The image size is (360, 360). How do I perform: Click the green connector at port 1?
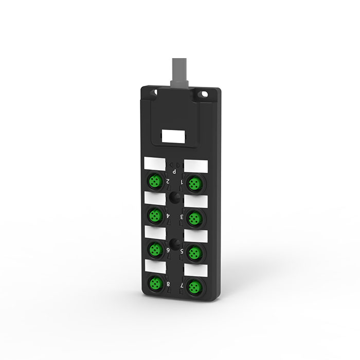[195, 182]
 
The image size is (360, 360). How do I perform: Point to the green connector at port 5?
[194, 252]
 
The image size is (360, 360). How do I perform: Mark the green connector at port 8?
[154, 283]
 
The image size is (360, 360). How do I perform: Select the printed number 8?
[168, 283]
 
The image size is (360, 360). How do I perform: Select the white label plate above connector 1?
[195, 166]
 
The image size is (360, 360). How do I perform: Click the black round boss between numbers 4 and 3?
[174, 198]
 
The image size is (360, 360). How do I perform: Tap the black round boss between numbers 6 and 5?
[174, 242]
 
